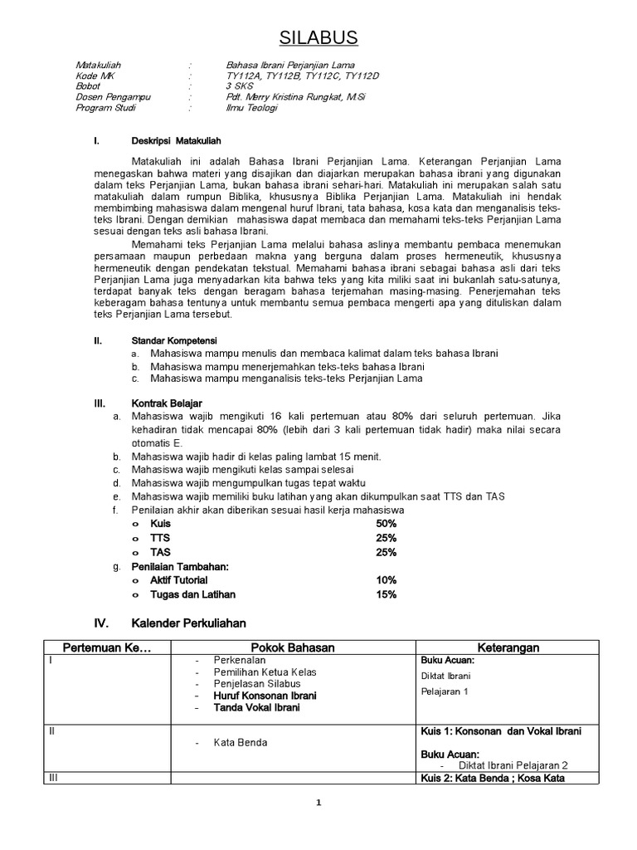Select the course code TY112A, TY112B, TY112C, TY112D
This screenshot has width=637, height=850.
pos(302,76)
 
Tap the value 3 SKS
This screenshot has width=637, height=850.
pos(240,86)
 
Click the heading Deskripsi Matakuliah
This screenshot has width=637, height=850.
pos(176,140)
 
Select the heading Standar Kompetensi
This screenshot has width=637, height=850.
pos(174,340)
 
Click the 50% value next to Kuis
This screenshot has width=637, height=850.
pos(387,525)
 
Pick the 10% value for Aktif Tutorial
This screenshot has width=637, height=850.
pos(387,580)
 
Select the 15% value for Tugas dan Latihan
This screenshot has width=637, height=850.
pos(387,594)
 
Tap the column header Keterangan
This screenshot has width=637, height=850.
pos(508,647)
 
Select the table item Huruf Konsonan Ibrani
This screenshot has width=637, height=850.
pos(265,695)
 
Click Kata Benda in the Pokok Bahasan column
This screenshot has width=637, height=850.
pos(240,742)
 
